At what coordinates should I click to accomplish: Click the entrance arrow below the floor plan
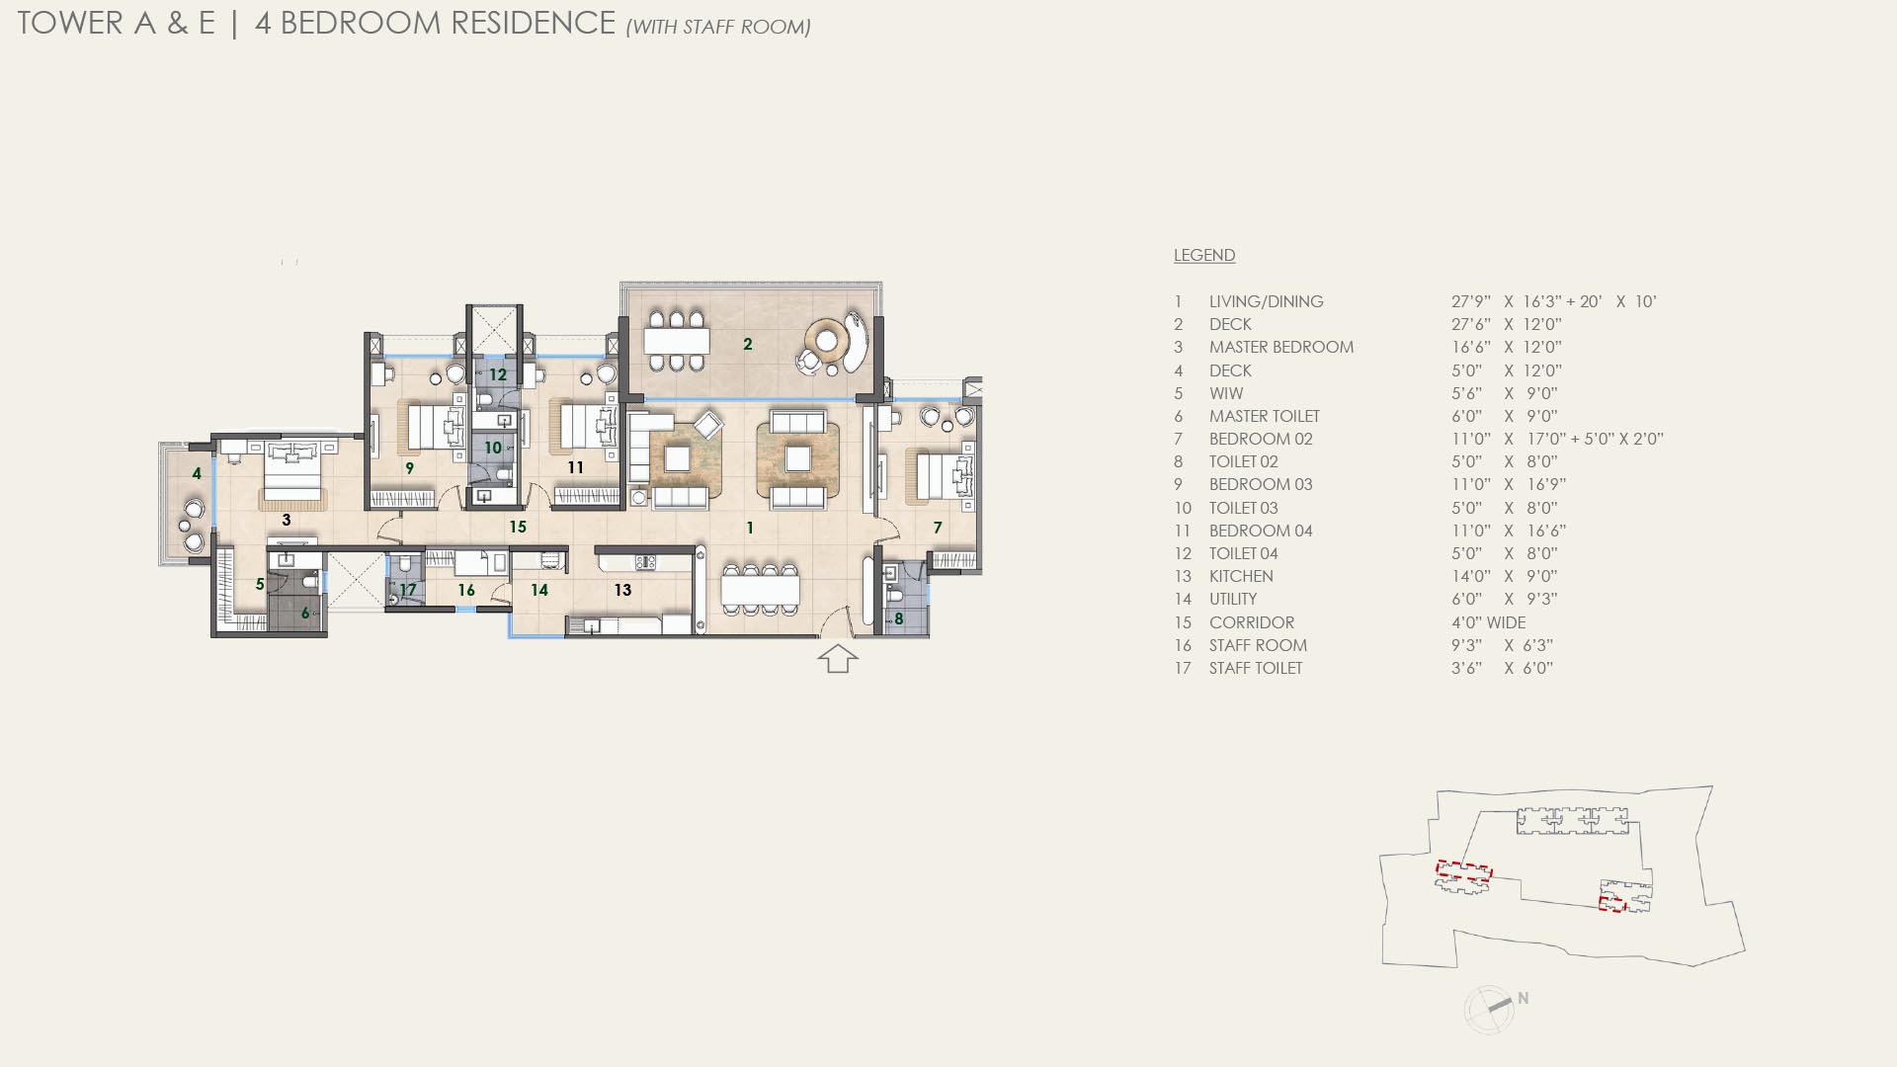pos(838,658)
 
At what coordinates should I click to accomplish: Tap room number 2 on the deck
pos(748,344)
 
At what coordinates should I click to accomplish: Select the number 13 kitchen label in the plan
pos(622,590)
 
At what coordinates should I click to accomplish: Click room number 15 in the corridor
pos(518,527)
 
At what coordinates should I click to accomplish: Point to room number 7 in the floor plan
pos(938,528)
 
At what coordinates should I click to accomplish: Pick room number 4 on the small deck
pos(197,474)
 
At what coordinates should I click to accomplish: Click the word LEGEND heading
pos(1204,255)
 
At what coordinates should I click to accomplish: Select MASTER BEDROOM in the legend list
pos(1281,347)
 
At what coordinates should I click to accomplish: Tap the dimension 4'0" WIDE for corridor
pos(1488,622)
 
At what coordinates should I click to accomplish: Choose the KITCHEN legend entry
pos(1241,576)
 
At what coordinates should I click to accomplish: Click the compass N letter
pos(1524,999)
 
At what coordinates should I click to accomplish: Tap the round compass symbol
pos(1488,1010)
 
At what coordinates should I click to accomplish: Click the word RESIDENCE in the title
pos(532,23)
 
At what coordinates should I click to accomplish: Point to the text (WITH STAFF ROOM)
pos(718,27)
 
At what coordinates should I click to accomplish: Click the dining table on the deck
pos(676,342)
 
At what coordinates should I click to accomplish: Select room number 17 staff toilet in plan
pos(408,590)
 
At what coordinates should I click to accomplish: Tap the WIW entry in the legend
pos(1226,393)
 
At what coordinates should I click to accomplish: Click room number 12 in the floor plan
pos(498,374)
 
